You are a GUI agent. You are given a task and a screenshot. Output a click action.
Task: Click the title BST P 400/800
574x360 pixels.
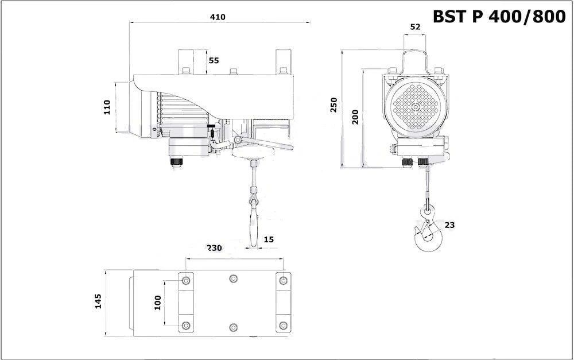499,17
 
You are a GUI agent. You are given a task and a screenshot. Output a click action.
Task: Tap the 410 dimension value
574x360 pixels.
218,17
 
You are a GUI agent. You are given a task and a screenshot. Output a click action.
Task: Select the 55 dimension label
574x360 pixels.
214,60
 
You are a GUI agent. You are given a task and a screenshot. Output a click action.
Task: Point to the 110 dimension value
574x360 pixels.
107,107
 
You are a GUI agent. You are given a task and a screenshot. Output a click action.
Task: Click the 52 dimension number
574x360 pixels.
415,27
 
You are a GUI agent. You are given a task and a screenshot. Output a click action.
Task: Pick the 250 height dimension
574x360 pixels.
333,105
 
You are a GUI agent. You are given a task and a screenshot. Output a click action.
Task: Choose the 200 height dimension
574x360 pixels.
355,117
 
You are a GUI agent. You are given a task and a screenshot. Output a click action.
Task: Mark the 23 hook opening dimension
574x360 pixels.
449,225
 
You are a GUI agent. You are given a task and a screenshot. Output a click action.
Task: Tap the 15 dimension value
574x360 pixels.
268,239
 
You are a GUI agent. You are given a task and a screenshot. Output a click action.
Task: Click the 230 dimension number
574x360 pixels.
215,248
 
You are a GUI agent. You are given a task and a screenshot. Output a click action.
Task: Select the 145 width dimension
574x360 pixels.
98,301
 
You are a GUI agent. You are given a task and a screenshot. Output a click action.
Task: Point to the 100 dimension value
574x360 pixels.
157,303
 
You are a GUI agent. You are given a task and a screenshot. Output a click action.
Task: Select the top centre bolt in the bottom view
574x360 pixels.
233,278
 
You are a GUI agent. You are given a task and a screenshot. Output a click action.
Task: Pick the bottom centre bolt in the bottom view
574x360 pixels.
233,327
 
